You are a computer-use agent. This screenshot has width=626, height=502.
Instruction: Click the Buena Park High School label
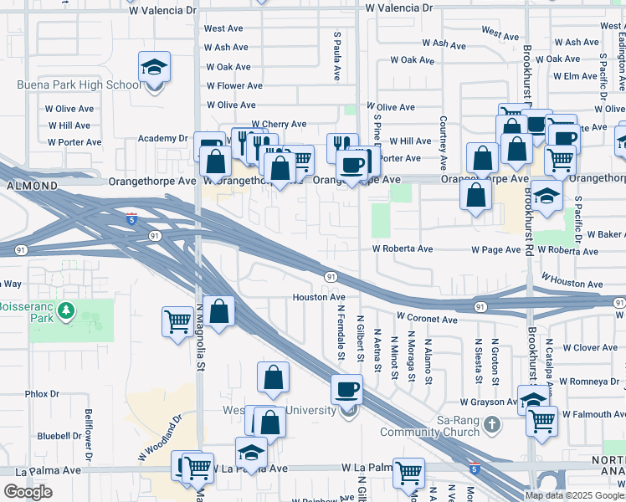click(x=79, y=85)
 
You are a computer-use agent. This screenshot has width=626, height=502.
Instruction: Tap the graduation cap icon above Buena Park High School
click(x=154, y=67)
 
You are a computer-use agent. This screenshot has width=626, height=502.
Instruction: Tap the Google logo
click(x=28, y=492)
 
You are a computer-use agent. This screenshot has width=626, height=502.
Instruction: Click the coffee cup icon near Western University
click(x=346, y=389)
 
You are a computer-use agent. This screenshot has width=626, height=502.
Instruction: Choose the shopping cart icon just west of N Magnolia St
click(x=177, y=320)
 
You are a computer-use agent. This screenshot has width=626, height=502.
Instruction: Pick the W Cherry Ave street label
click(x=278, y=124)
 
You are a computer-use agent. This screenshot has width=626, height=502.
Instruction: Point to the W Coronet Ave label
click(x=427, y=318)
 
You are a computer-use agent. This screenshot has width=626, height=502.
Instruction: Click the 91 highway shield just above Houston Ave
click(x=331, y=277)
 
